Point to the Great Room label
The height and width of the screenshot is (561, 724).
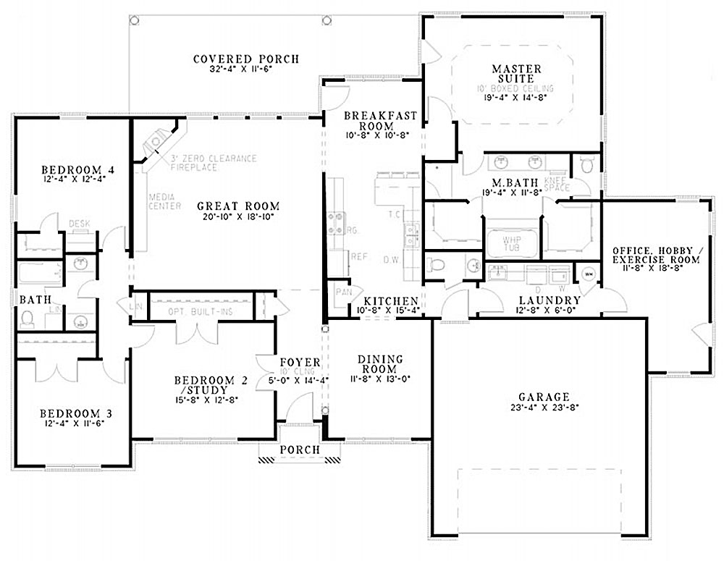tap(238, 206)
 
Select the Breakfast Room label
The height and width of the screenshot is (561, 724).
tap(370, 120)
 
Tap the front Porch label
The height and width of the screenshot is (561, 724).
tap(300, 450)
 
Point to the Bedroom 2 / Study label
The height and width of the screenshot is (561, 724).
tap(203, 384)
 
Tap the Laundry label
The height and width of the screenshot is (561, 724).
tap(550, 300)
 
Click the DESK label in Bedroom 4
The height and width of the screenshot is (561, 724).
tap(79, 224)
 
